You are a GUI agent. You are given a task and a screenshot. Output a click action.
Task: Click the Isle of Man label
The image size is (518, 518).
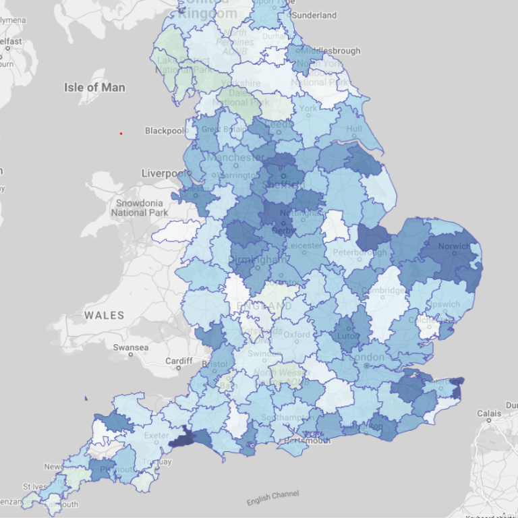[x=94, y=87]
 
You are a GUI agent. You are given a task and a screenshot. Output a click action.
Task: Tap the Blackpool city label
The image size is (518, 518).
[x=165, y=130]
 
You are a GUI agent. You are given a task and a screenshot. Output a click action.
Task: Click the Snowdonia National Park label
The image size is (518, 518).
[x=139, y=208]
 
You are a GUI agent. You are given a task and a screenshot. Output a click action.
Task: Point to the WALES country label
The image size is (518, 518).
[x=105, y=315]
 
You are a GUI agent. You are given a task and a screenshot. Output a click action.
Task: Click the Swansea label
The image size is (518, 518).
[x=131, y=347]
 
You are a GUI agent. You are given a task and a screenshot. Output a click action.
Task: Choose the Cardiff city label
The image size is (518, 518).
[x=179, y=362]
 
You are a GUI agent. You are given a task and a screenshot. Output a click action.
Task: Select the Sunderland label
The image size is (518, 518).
[x=314, y=15]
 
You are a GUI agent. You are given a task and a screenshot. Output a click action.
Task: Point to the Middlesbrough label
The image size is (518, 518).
[x=330, y=51]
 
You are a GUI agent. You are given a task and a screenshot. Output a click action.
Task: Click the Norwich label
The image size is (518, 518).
[x=453, y=246]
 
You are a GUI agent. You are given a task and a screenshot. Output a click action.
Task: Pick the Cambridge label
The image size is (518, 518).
[x=383, y=291]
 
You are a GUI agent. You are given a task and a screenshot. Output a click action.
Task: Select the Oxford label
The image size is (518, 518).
[x=297, y=335]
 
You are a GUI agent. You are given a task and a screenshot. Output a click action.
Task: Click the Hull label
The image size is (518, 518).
[x=354, y=129]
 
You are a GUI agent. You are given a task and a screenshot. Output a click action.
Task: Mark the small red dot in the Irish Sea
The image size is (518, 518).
[x=121, y=134]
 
